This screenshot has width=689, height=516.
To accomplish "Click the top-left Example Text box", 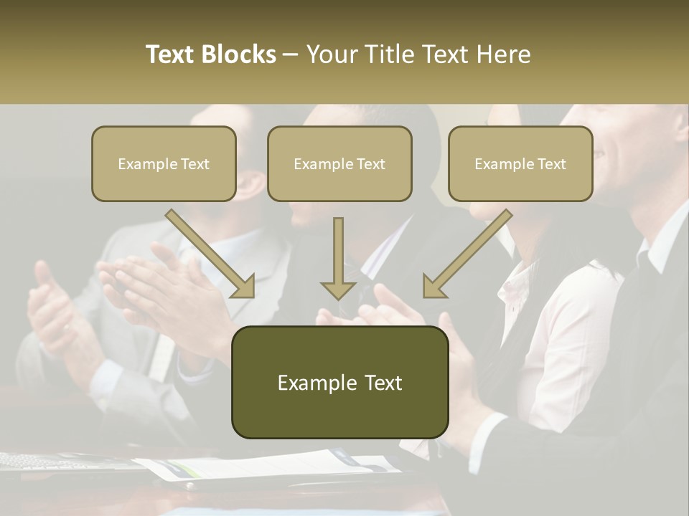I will click(x=164, y=163).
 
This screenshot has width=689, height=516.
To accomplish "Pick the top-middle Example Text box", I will click(x=339, y=163).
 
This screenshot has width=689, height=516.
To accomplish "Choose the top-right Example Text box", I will click(x=520, y=163).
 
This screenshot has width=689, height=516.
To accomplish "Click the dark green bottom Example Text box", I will click(x=339, y=382).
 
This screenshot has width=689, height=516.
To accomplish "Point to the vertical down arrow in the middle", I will click(x=338, y=258).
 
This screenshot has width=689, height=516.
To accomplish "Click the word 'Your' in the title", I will click(x=331, y=54).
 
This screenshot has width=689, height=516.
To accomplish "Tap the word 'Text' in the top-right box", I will click(x=552, y=164).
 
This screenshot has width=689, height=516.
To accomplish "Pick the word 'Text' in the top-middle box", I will click(x=371, y=164).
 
